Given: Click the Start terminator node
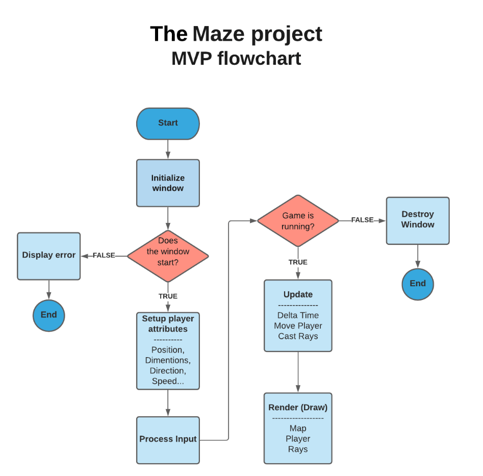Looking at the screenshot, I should point(168,123).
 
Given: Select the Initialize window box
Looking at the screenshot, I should point(168,183).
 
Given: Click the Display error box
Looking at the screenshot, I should point(49,256).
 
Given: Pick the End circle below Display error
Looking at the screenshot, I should point(49,315).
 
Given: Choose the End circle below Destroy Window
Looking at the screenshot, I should point(417,284).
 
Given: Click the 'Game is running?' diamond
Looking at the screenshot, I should point(298,220).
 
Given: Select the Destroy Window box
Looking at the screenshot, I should point(417,220).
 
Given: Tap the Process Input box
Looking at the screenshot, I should point(168,439).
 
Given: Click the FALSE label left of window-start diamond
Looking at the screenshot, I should point(104,256).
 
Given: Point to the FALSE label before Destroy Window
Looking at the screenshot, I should point(362,220).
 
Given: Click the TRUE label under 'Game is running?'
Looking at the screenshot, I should point(298,262).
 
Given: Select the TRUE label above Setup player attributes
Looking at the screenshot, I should point(168,296).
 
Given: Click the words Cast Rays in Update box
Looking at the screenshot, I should point(298,336).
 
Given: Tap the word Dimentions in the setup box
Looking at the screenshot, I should point(168,360).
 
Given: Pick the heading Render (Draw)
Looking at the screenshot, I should point(298,407).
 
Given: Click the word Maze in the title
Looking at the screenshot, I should point(219,34).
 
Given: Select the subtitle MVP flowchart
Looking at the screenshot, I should point(236,59).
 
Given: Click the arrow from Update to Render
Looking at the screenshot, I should point(298,372).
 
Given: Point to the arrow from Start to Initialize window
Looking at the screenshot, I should point(168,149).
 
